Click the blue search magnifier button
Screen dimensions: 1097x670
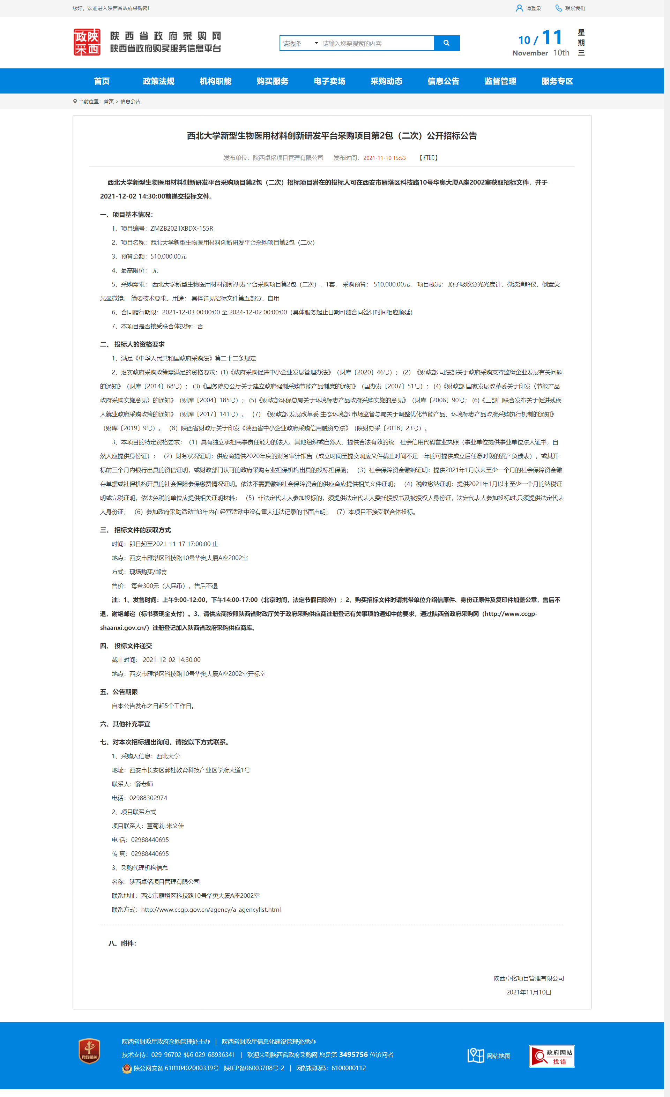tap(446, 43)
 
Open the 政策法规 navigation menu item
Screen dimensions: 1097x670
tap(158, 81)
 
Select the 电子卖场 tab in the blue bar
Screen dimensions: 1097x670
tap(329, 81)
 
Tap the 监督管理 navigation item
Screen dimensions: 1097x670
tap(500, 81)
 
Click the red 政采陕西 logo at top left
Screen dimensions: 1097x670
tap(87, 42)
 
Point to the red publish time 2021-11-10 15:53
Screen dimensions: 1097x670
tap(384, 158)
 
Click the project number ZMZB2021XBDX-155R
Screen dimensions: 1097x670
tap(182, 229)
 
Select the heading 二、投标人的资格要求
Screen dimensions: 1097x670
tap(132, 344)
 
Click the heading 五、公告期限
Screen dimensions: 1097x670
tap(119, 692)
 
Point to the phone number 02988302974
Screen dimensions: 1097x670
tap(148, 798)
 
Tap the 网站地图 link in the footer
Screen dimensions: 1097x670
tap(498, 1055)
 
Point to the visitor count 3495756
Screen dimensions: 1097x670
tap(353, 1054)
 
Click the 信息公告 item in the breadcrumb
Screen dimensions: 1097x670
tap(131, 102)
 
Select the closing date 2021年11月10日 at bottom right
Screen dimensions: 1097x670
tap(528, 992)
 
